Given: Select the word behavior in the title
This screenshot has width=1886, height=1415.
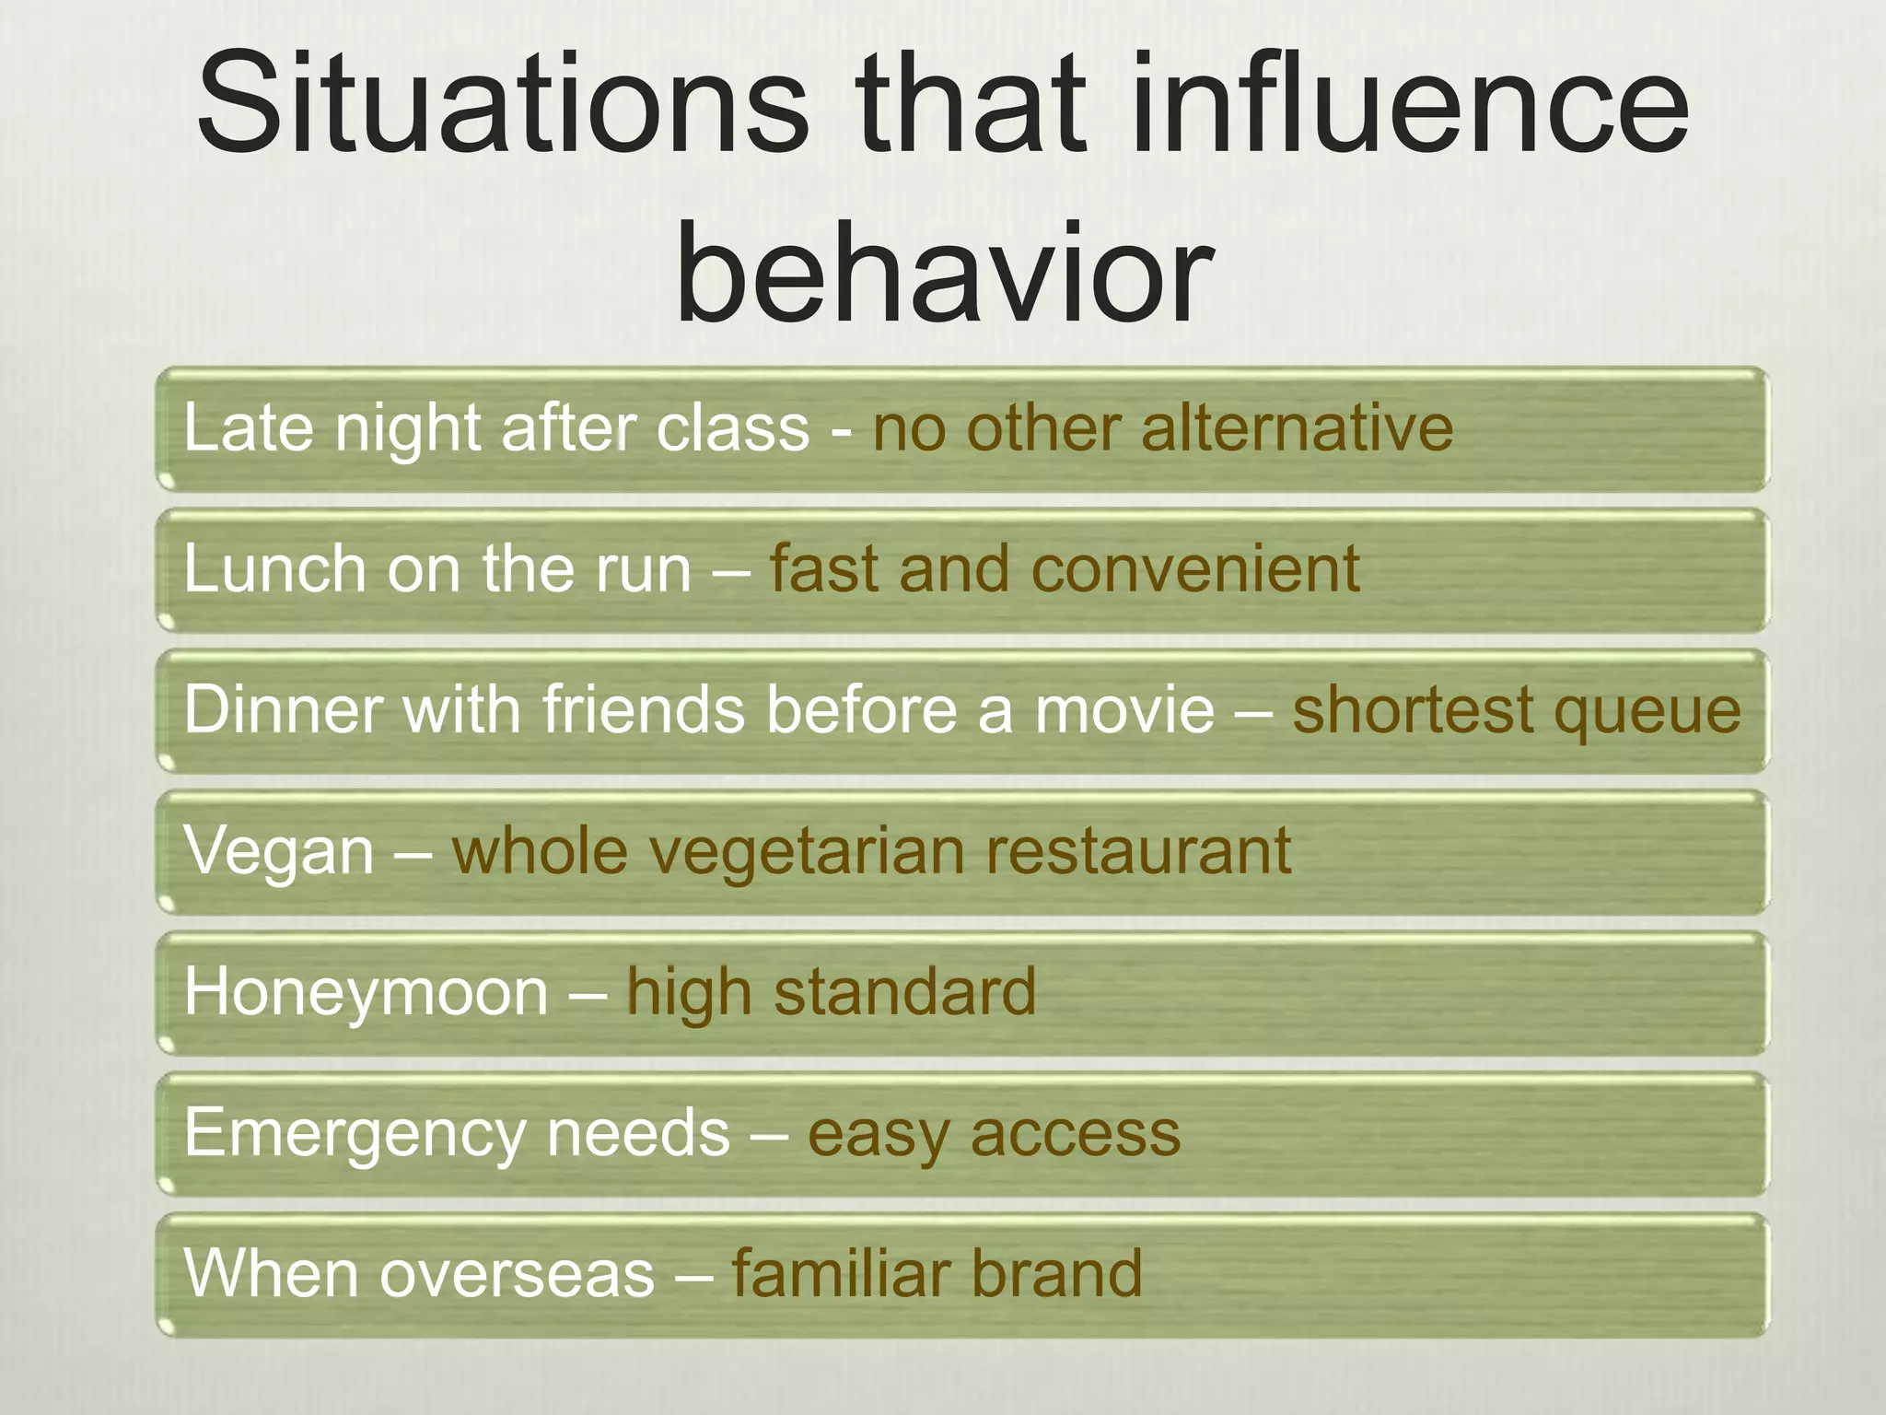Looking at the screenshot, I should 943,274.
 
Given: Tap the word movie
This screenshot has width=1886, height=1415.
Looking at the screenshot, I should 1124,710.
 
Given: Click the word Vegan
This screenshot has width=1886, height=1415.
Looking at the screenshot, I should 279,851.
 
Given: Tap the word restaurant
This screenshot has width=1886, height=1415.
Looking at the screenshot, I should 1138,851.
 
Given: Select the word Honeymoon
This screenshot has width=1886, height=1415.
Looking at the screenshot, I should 367,993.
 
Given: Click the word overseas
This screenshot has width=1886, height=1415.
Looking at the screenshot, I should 517,1275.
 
